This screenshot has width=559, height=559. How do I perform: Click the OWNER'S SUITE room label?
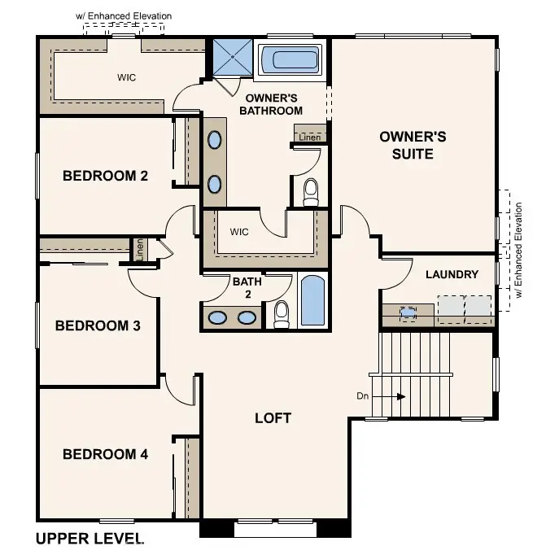click(x=413, y=145)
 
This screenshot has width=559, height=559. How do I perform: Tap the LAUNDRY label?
click(x=452, y=274)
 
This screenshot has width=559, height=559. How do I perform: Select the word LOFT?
click(x=273, y=418)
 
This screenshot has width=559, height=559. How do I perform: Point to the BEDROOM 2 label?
click(x=105, y=175)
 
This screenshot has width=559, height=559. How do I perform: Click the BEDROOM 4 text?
click(x=105, y=454)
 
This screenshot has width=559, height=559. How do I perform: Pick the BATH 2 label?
click(x=247, y=288)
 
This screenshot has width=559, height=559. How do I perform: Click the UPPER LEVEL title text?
click(x=90, y=538)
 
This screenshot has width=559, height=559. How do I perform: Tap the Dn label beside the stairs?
click(x=364, y=396)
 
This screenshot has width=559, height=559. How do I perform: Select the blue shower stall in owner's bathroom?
click(x=233, y=57)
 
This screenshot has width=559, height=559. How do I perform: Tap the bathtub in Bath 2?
click(x=312, y=302)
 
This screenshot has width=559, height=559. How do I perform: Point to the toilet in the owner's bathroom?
click(x=310, y=192)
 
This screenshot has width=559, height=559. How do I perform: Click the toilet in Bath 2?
click(x=282, y=314)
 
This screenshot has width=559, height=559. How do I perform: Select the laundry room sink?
click(x=408, y=311)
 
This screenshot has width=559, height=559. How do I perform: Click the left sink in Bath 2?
click(x=218, y=317)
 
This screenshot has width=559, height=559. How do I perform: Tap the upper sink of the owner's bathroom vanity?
click(x=214, y=140)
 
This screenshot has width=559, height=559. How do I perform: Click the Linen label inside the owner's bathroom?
click(x=309, y=138)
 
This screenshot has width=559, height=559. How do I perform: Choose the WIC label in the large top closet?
click(x=126, y=78)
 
